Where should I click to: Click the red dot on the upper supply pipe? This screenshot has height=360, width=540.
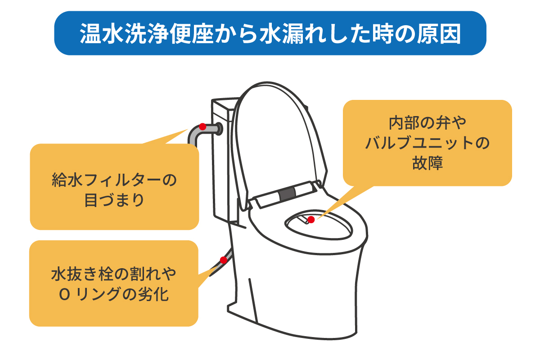pyautogui.click(x=202, y=126)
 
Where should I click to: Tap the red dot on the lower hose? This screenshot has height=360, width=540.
pyautogui.click(x=224, y=260)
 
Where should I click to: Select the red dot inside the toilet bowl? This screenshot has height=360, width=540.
pyautogui.click(x=311, y=220)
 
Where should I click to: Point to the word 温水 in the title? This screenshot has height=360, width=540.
pyautogui.click(x=101, y=33)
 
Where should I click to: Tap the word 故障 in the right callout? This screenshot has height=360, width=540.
pyautogui.click(x=427, y=163)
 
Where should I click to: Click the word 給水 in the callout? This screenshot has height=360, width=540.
pyautogui.click(x=67, y=180)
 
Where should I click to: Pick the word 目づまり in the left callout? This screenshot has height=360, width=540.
pyautogui.click(x=114, y=200)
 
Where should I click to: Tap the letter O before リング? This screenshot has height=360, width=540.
pyautogui.click(x=65, y=295)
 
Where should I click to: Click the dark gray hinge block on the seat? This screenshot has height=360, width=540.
pyautogui.click(x=287, y=193)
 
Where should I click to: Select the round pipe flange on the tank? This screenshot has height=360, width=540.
pyautogui.click(x=219, y=129)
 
